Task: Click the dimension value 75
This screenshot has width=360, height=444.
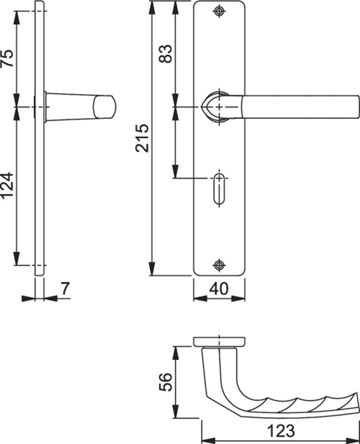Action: pos(7,58)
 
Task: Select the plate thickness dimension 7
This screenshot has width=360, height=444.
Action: pos(65,289)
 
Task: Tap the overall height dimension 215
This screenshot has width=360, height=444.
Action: pos(142,138)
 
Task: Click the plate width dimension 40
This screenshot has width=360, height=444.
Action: pos(219,289)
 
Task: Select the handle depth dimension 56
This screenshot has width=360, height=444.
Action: pos(165,382)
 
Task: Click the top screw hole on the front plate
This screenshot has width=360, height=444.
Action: pos(219,11)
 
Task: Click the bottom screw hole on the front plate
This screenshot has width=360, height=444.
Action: pos(219,266)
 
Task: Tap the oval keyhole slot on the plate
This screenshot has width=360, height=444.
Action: pos(219,189)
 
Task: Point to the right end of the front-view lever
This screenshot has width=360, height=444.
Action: pos(359,107)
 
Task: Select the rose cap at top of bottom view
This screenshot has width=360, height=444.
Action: pos(219,341)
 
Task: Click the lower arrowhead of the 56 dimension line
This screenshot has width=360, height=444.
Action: pos(176,411)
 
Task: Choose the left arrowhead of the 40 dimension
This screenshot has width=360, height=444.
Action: pos(200,298)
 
